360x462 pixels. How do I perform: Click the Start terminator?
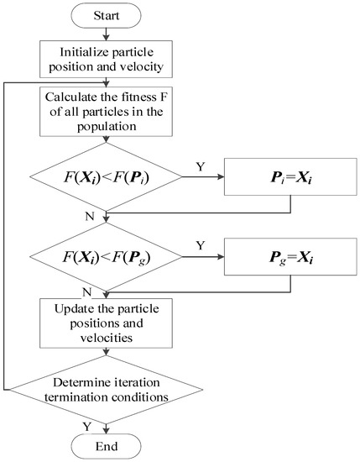pyautogui.click(x=103, y=17)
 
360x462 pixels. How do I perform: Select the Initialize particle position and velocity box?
pyautogui.click(x=103, y=55)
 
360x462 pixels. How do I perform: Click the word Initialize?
pyautogui.click(x=70, y=48)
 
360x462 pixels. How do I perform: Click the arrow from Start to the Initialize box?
pyautogui.click(x=103, y=33)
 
